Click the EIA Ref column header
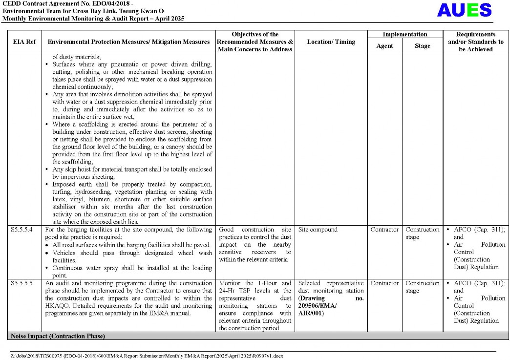click(x=24, y=42)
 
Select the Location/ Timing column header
click(x=331, y=42)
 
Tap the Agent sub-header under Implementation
click(x=384, y=46)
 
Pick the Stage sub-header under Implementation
click(x=423, y=46)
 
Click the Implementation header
click(x=404, y=34)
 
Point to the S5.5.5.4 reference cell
click(x=21, y=230)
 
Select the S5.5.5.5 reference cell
click(x=21, y=283)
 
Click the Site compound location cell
click(x=318, y=230)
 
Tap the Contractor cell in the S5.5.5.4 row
click(x=384, y=230)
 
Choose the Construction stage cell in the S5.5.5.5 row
click(x=423, y=287)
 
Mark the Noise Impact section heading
click(x=57, y=336)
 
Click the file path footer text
click(x=147, y=356)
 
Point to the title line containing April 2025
click(x=93, y=19)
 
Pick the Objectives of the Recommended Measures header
click(x=255, y=42)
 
